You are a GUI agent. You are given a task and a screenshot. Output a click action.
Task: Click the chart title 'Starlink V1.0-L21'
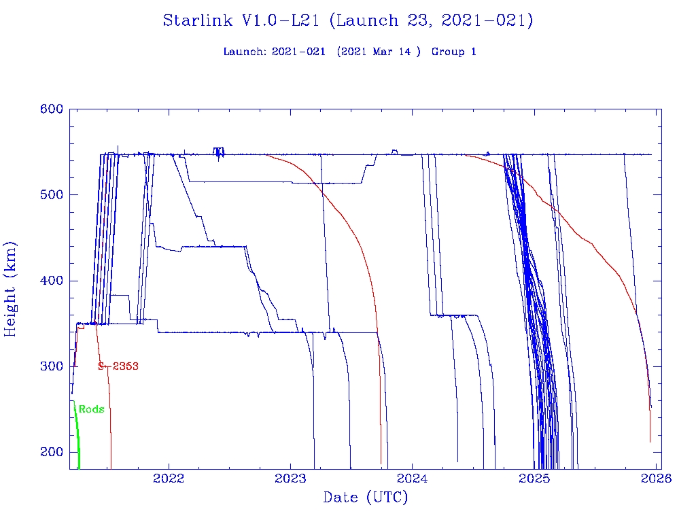tap(242, 21)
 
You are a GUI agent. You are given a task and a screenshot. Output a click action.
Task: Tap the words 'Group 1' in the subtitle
tap(453, 52)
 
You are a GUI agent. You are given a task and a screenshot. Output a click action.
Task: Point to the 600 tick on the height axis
tap(52, 109)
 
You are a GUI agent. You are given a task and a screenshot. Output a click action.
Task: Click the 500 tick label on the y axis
tap(52, 195)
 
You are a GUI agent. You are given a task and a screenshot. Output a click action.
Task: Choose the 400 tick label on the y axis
tap(52, 281)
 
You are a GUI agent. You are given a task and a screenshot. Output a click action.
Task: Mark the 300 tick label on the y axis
tap(52, 366)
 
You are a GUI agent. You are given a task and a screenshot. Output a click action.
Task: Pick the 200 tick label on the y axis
tap(52, 452)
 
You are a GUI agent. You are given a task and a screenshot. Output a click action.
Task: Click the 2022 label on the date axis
tap(169, 478)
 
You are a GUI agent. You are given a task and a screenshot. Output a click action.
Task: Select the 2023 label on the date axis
tap(291, 478)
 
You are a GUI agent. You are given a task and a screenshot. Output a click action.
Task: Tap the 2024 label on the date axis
tap(413, 478)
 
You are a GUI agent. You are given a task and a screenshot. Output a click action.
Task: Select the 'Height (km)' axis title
tap(11, 289)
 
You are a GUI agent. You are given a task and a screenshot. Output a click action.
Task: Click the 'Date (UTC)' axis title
tap(366, 498)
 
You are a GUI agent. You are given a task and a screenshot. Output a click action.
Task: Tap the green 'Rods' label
tap(91, 409)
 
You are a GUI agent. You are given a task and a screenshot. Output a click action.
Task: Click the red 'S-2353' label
tap(118, 366)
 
